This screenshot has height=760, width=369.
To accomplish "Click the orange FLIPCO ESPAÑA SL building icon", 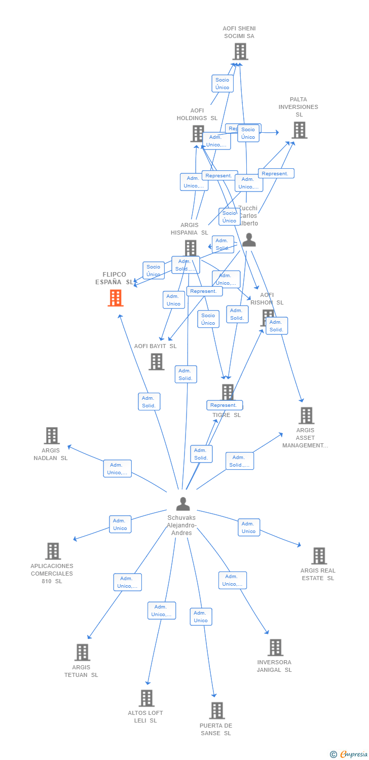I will coord(116,298).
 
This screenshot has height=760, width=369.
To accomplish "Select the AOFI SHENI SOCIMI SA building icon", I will coord(240,51).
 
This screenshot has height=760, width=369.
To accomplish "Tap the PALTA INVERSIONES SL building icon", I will coord(299,130).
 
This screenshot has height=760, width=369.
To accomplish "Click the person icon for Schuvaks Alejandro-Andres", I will coord(183,504).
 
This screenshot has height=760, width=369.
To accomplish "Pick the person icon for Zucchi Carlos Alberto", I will coord(249,240).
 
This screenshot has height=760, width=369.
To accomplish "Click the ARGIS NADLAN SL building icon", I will coord(51,436).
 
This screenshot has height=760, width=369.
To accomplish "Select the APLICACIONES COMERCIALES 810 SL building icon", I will coord(53,551).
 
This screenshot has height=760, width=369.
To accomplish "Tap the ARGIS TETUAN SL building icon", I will coord(82,653).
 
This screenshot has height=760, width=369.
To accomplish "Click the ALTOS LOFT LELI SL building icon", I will coord(146,698).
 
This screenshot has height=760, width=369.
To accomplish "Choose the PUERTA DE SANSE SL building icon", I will coord(217,710).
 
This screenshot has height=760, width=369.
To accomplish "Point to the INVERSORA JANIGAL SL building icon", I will coord(275,648).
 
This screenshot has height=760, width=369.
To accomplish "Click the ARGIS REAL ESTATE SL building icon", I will coord(319,556).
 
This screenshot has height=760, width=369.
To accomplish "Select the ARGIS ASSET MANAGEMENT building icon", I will coord(306,415).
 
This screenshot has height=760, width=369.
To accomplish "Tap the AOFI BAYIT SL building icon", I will coord(156,362).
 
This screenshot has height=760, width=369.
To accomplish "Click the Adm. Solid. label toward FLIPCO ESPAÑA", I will coord(149,402).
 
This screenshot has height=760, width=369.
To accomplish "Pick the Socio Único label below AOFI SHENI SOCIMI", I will coord(222,84).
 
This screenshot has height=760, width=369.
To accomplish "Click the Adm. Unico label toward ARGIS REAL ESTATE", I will coord(249,527).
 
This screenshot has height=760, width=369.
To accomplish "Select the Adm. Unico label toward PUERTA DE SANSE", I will coord(201,617).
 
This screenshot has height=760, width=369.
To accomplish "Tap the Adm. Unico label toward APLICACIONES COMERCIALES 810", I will coord(120,524).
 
